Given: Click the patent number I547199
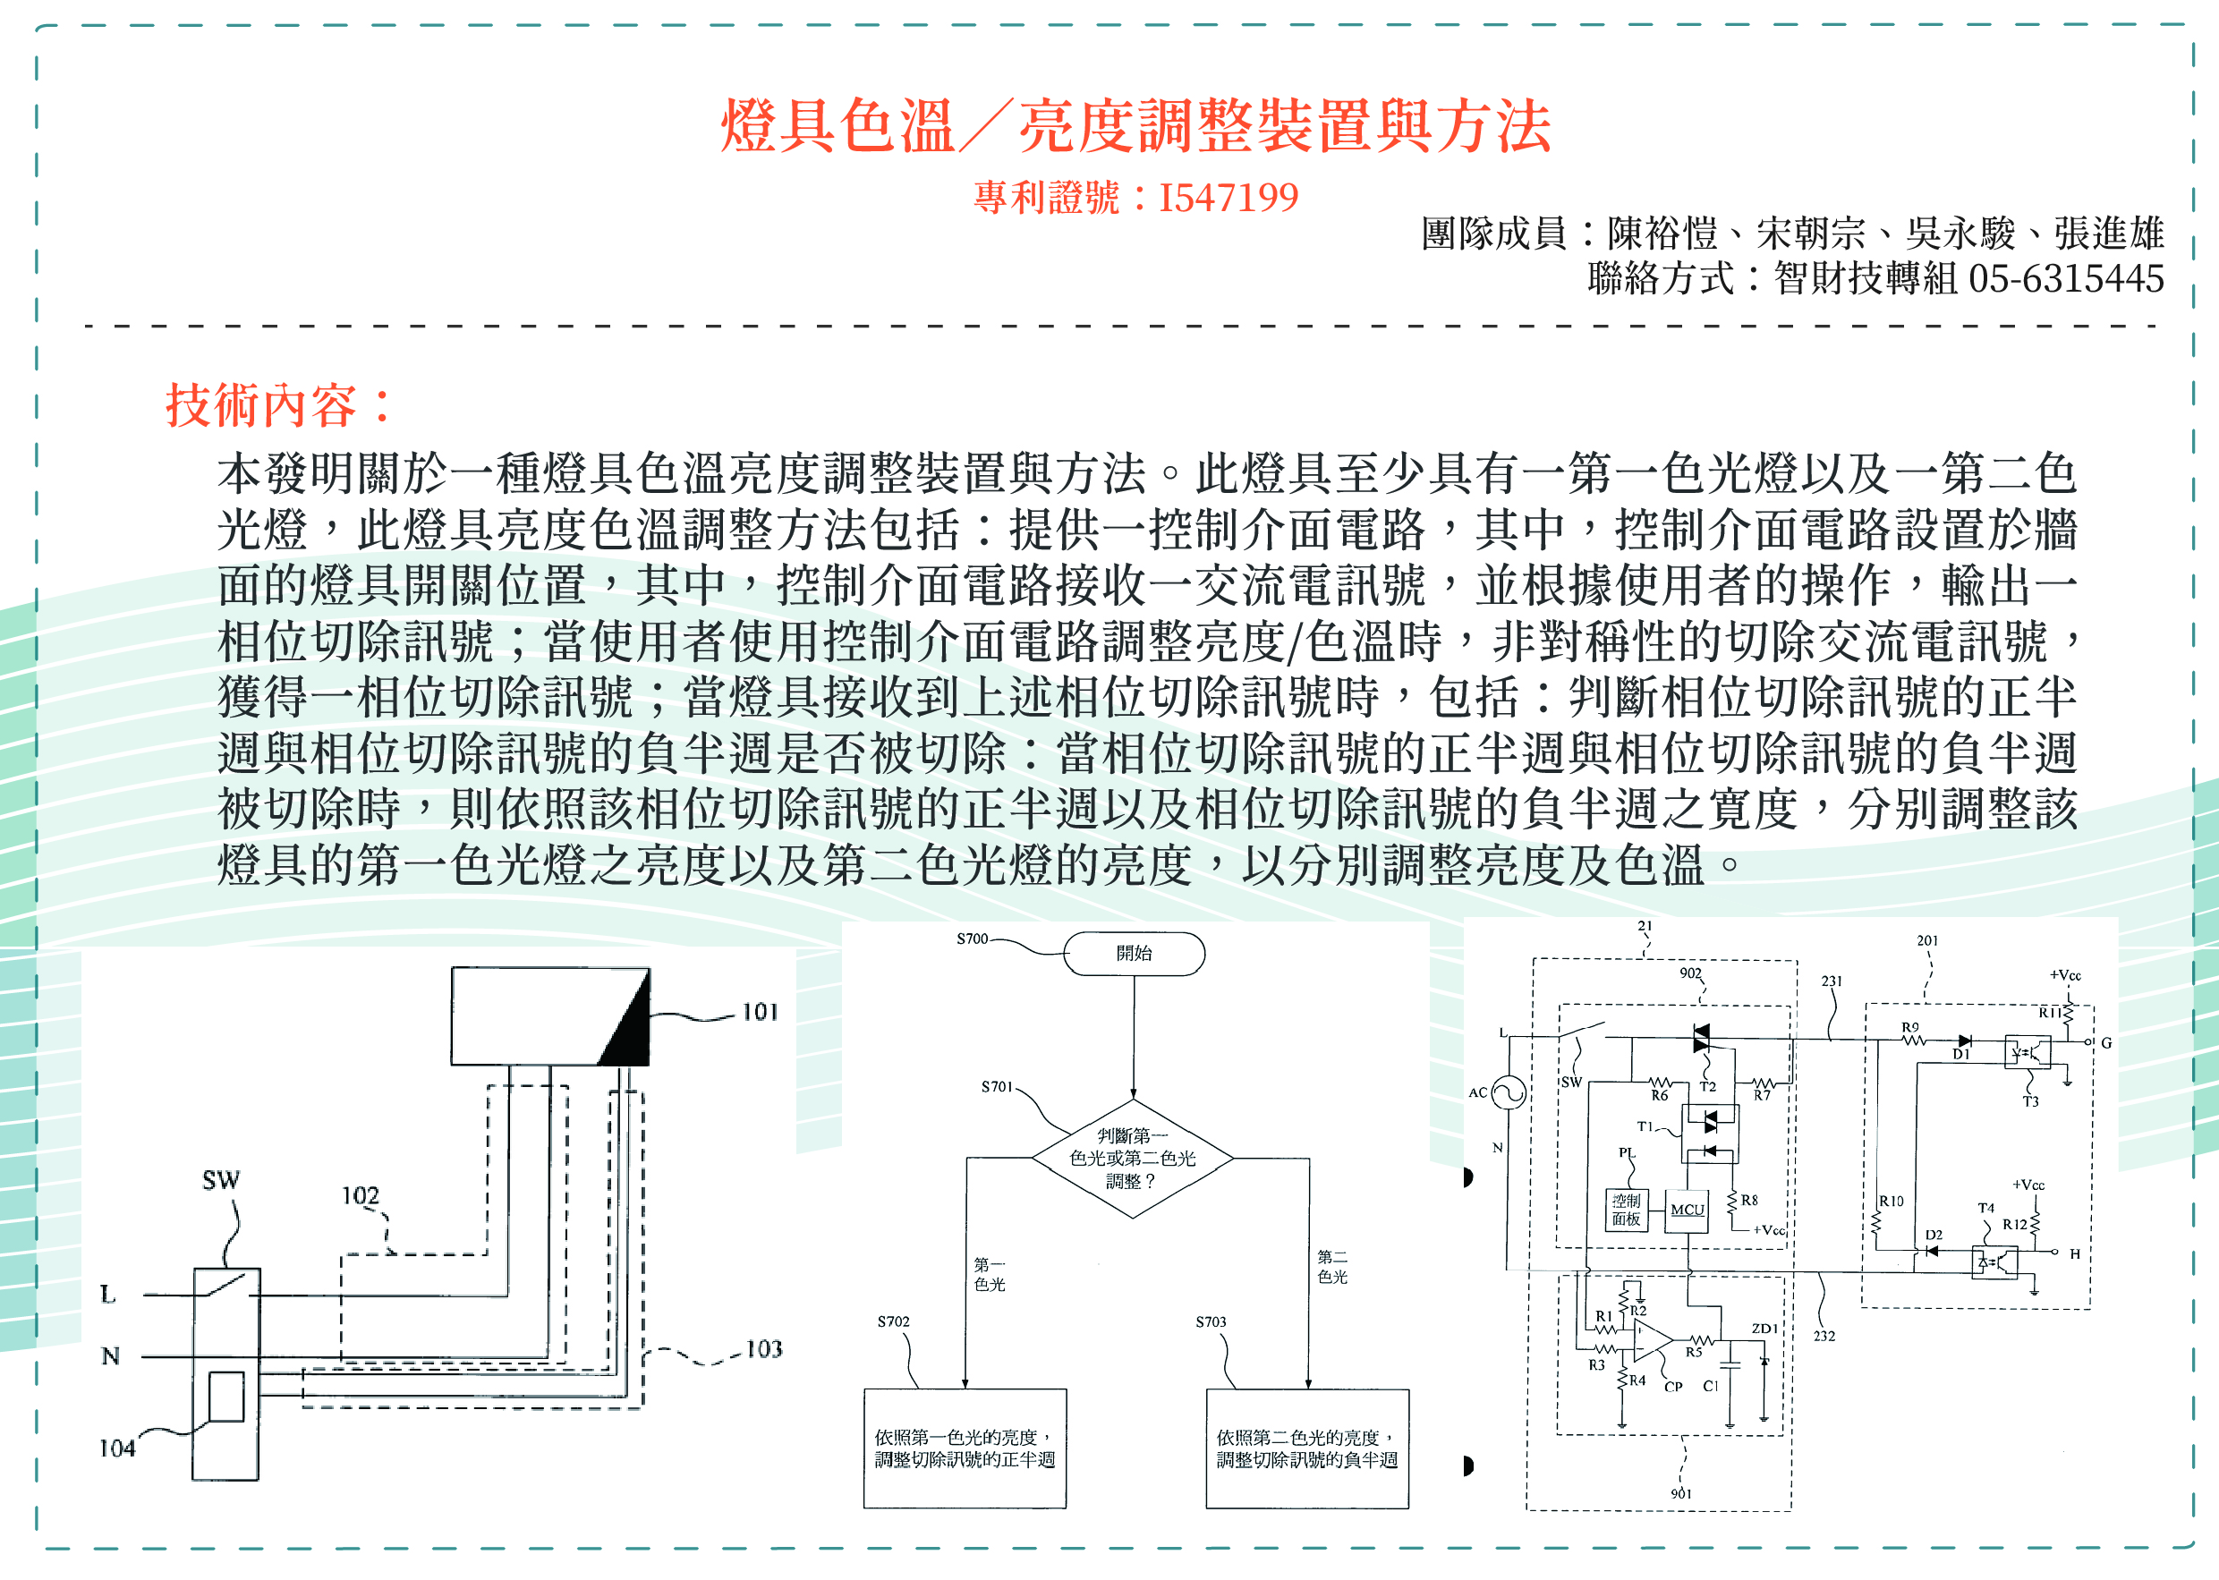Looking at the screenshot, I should (x=1228, y=198).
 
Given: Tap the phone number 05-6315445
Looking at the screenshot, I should (x=2065, y=279).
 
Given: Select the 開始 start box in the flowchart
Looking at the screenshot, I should (x=1134, y=954).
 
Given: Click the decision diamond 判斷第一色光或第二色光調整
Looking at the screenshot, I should (x=1133, y=1159).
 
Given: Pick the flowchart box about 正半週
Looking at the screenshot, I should (x=964, y=1448).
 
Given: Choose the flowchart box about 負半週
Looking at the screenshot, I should (x=1306, y=1448).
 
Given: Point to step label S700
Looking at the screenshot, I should (x=972, y=939).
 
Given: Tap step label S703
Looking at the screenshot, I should (x=1211, y=1321).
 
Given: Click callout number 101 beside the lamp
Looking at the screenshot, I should (x=760, y=1013).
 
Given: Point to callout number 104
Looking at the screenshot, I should (x=116, y=1448).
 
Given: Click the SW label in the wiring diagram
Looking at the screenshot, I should (x=221, y=1180).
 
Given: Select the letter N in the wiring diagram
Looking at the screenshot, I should (x=111, y=1356).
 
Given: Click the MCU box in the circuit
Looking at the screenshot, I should (x=1687, y=1210).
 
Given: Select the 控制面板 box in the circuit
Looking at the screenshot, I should (x=1626, y=1210).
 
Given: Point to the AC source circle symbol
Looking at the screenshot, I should (x=1508, y=1092).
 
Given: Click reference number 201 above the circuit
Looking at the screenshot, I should (x=1926, y=941).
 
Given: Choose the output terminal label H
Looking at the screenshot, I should (x=2074, y=1254).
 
